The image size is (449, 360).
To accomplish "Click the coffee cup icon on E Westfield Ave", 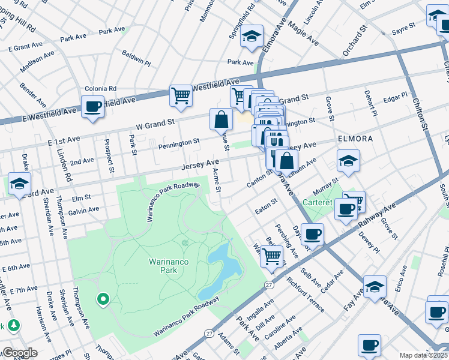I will (92, 107).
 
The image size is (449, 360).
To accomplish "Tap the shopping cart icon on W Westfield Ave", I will (181, 95).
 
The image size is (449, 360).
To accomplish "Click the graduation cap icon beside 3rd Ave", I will (19, 184).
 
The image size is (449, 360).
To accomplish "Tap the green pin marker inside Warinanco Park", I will (103, 298).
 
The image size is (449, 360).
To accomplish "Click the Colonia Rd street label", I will (100, 88).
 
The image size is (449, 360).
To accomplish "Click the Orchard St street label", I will (355, 40).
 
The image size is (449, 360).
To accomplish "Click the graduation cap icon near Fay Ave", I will (375, 287).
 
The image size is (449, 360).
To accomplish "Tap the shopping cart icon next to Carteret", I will (354, 201).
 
